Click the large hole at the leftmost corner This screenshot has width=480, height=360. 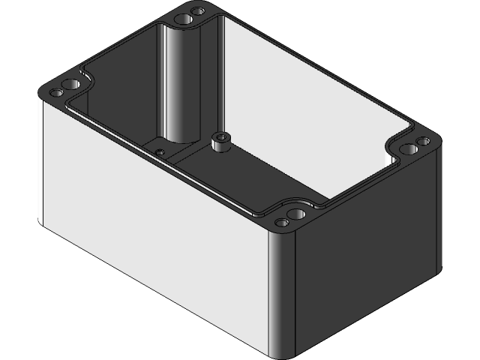point(71,83)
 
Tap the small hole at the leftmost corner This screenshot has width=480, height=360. point(56,94)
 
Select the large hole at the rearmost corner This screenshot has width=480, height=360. point(182,18)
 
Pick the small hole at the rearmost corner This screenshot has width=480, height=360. point(199,12)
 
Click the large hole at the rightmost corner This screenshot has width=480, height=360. point(408,149)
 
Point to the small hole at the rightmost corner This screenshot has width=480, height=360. point(423,140)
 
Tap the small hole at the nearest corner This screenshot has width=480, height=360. point(282,222)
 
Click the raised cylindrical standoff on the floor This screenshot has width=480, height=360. point(220,140)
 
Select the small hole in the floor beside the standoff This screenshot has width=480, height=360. point(160,151)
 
